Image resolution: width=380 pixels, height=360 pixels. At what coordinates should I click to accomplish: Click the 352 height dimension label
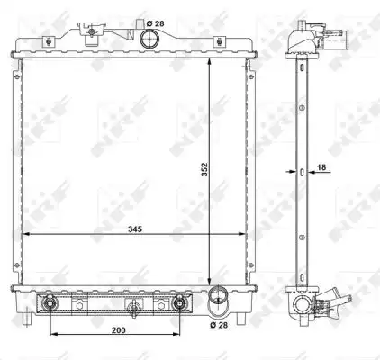point(204,169)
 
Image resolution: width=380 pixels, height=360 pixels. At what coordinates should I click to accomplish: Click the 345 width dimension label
point(135,229)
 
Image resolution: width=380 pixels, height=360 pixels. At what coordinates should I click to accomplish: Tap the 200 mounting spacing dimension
point(119,330)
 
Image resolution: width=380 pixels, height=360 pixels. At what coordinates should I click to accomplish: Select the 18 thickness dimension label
point(321,167)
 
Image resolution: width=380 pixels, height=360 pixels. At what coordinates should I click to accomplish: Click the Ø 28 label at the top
point(155,23)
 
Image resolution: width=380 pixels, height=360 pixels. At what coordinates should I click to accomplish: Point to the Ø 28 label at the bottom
point(219,325)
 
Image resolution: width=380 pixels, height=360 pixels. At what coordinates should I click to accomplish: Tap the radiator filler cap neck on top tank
point(91,33)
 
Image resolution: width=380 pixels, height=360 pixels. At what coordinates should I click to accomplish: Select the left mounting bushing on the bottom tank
point(50,303)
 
